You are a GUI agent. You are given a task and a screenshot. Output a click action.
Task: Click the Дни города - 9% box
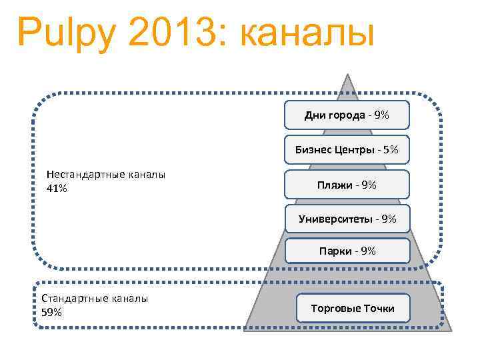(x=347, y=115)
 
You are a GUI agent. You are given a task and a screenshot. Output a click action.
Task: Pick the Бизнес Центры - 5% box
(x=347, y=150)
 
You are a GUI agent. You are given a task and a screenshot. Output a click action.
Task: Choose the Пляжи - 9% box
(x=347, y=185)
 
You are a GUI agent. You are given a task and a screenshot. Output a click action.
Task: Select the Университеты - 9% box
(x=347, y=219)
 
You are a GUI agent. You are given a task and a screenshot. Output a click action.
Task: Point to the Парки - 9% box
(x=347, y=251)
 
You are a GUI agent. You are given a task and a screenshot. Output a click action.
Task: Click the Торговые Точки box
(x=353, y=308)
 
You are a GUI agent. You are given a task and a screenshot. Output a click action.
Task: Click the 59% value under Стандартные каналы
(x=52, y=311)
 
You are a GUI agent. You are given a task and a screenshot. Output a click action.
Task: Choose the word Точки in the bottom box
(x=379, y=308)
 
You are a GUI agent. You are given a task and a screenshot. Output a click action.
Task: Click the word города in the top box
(x=345, y=115)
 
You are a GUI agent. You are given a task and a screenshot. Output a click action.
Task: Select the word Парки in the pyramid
(x=335, y=251)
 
